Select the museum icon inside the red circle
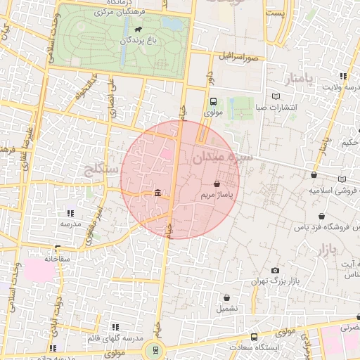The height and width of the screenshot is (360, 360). [x=157, y=193]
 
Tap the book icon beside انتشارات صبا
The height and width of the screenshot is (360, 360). [x=276, y=96]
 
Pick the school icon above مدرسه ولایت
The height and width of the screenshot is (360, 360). [x=343, y=76]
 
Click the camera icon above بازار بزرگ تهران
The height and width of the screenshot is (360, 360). [x=275, y=270]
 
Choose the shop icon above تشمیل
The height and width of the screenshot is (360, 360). [x=227, y=297]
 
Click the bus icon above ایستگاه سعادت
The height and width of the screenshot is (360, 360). [x=254, y=337]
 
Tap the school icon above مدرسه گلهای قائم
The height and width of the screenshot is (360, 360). [x=115, y=327]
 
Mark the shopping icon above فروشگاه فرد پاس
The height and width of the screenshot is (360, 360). [x=321, y=217]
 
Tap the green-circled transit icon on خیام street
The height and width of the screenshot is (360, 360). [x=155, y=349]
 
